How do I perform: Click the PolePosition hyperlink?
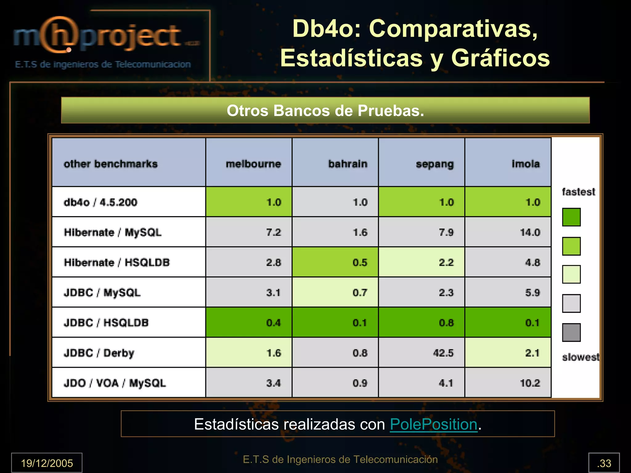(x=434, y=424)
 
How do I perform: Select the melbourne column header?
(x=253, y=164)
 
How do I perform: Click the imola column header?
(x=526, y=164)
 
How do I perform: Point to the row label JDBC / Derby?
(x=99, y=353)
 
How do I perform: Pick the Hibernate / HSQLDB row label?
(x=117, y=263)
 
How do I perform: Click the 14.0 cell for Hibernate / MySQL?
(x=530, y=232)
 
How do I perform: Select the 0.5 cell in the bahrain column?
(x=360, y=263)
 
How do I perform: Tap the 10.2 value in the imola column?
(x=530, y=383)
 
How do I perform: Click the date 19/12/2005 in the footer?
(x=47, y=463)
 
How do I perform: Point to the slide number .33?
(x=604, y=463)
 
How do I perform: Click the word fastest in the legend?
(x=578, y=192)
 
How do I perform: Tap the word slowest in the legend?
(x=580, y=357)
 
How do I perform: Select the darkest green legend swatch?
(x=571, y=217)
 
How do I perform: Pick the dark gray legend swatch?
(x=571, y=332)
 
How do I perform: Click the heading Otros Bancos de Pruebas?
(x=325, y=110)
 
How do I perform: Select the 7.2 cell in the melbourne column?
(x=274, y=232)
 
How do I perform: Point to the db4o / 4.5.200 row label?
(x=100, y=202)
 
